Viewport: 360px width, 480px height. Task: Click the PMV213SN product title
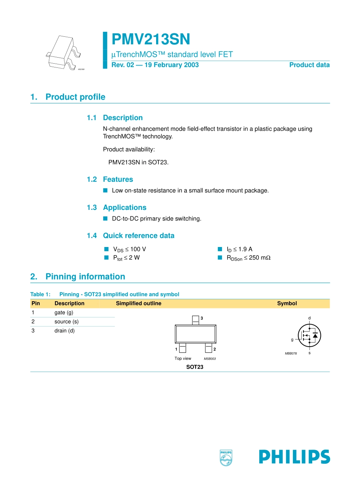[151, 39]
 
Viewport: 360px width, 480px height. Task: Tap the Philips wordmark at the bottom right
[294, 457]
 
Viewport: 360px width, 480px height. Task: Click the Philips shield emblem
[226, 458]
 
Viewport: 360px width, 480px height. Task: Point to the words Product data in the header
[309, 65]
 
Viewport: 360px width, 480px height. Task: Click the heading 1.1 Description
[115, 118]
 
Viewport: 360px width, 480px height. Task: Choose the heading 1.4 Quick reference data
[131, 236]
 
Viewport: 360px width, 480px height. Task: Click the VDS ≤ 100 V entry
[129, 249]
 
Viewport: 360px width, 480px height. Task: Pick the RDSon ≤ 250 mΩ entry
[248, 258]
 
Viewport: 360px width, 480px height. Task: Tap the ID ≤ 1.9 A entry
[239, 249]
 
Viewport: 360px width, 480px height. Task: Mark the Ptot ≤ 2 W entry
[126, 258]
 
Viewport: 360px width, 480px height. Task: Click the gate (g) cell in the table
[64, 313]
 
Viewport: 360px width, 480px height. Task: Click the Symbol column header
[287, 303]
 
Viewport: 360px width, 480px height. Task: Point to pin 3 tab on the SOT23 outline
[196, 320]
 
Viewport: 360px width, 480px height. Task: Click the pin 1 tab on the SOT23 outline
[183, 348]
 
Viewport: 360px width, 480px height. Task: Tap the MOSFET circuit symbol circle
[310, 335]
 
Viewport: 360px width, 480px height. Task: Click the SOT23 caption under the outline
[195, 367]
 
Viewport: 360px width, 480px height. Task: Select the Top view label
[183, 358]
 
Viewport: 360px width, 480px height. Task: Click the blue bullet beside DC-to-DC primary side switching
[105, 219]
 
